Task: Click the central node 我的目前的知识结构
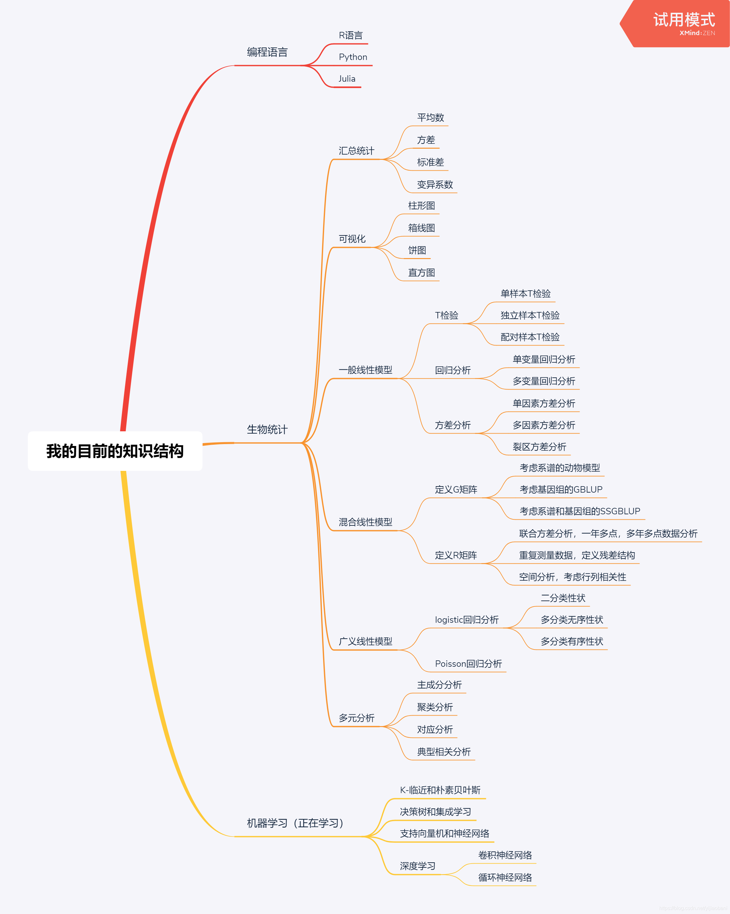coord(115,451)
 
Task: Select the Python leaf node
coord(353,57)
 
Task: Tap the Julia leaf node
coord(347,79)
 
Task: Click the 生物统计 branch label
coord(267,430)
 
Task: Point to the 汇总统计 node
coord(356,151)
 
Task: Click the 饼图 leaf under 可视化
coord(417,250)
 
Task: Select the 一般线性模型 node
coord(365,370)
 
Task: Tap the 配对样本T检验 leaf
coord(530,337)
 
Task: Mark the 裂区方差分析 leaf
coord(539,447)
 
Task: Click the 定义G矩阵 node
coord(456,490)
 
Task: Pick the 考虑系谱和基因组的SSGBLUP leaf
coord(580,511)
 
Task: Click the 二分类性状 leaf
coord(563,598)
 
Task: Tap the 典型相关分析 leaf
coord(443,752)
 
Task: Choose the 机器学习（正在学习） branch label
coord(295,823)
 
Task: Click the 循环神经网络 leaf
coord(505,878)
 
